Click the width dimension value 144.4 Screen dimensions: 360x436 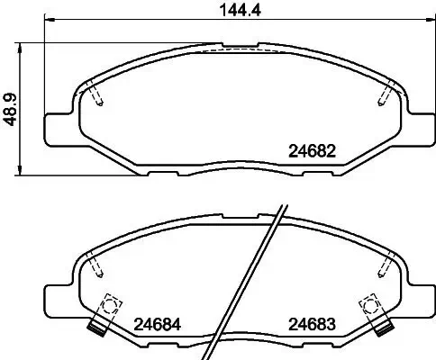218,13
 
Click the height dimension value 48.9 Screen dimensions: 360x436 11,112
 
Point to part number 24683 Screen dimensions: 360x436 312,325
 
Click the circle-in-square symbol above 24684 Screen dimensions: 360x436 112,305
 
